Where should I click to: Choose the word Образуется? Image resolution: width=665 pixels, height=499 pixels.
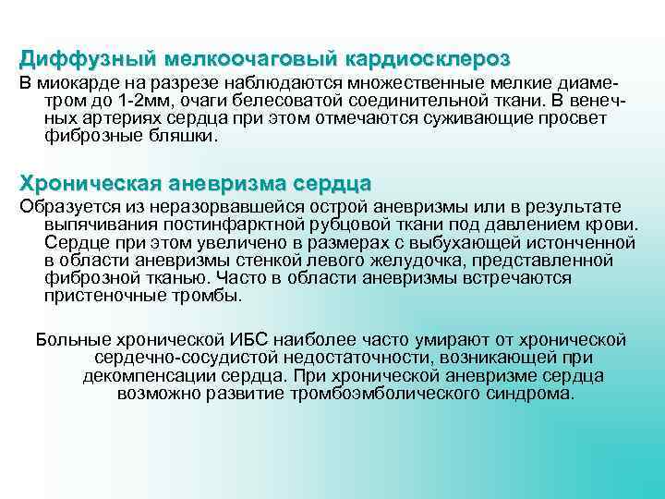coord(65,206)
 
